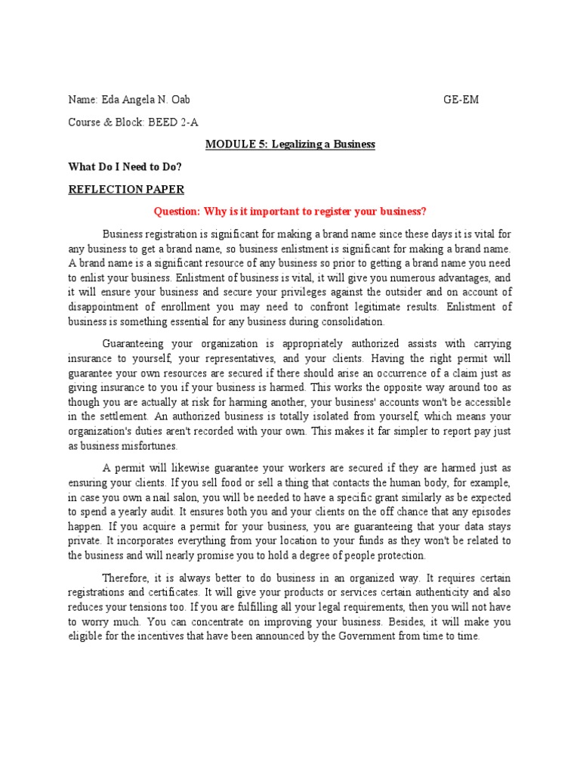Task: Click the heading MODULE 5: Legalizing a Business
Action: pyautogui.click(x=291, y=144)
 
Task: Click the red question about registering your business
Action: pyautogui.click(x=291, y=212)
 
